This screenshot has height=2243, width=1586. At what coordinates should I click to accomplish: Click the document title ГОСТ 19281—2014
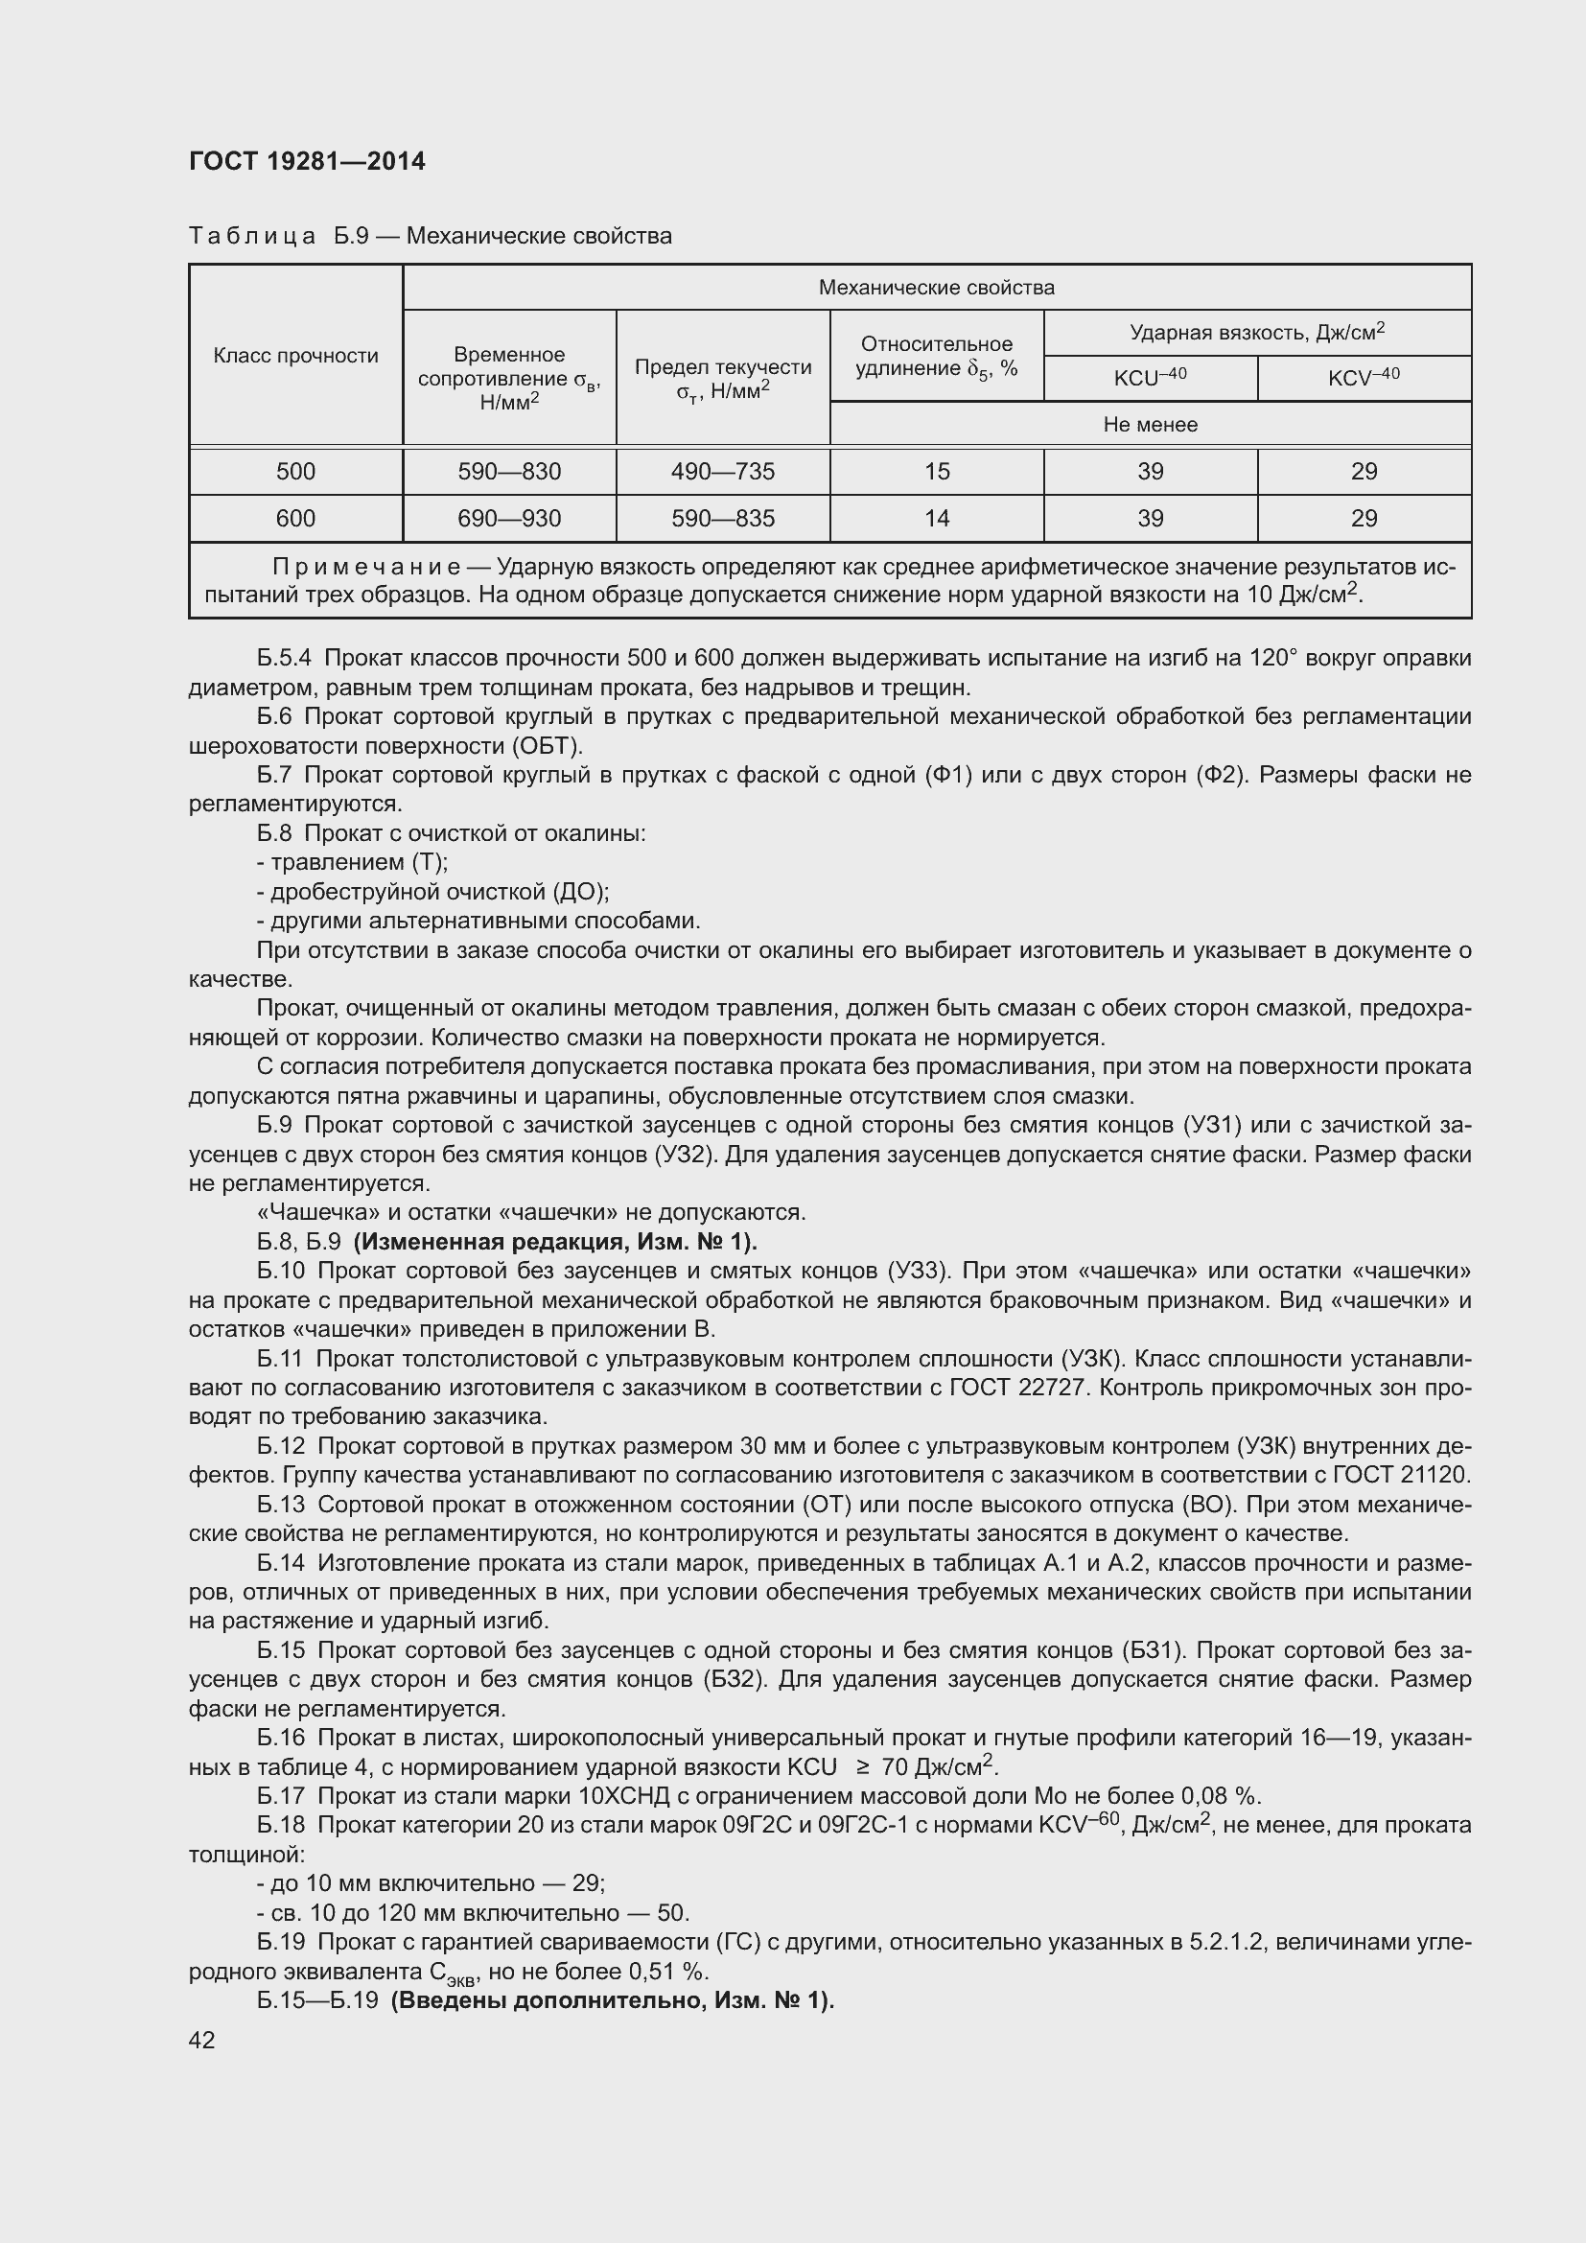click(307, 162)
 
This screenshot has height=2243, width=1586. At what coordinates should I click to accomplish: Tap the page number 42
click(202, 2040)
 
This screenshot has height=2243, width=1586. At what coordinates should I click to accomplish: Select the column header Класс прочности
click(296, 356)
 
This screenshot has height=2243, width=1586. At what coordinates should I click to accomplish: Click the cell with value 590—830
click(509, 472)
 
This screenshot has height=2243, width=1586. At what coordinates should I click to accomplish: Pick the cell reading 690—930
click(509, 519)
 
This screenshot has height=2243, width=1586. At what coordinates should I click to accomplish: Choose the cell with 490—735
click(723, 472)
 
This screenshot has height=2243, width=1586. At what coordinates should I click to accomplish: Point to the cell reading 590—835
click(723, 519)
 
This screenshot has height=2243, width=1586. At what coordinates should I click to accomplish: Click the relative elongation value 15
click(937, 472)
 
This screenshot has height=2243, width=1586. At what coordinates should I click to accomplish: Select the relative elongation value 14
click(937, 519)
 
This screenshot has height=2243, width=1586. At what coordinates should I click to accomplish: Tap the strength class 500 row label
click(296, 472)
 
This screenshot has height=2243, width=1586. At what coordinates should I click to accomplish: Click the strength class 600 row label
click(296, 519)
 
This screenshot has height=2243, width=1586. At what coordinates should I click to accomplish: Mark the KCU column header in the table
click(1150, 378)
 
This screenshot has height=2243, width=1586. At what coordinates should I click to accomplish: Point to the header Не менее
click(1150, 425)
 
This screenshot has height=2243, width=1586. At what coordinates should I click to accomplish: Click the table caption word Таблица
click(252, 237)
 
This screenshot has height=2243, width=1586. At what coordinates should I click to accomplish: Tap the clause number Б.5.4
click(284, 659)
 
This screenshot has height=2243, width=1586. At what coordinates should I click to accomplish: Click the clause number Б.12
click(281, 1447)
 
